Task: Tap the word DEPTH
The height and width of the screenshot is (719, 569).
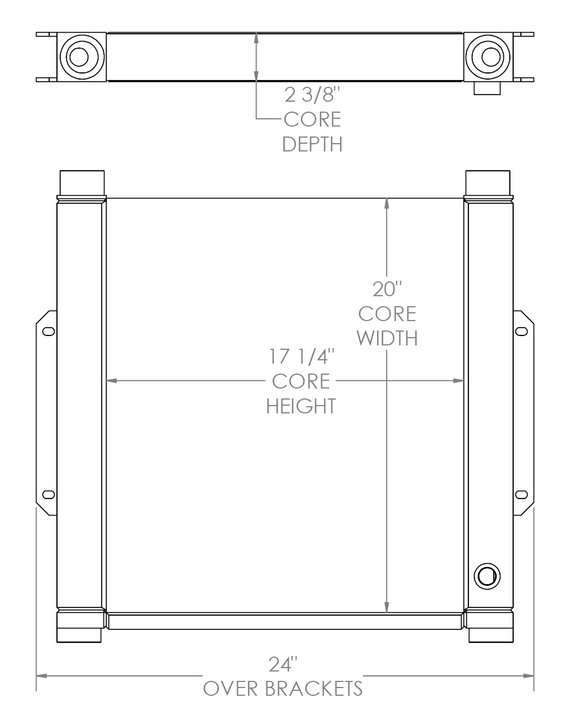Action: tap(312, 144)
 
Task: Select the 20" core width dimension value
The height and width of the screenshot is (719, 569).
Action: tap(387, 289)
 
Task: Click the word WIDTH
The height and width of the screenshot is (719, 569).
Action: tap(387, 338)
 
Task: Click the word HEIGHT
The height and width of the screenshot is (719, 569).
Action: tap(301, 406)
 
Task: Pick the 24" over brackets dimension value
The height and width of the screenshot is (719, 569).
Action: tap(283, 664)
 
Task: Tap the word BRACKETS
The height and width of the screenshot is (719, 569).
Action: tap(314, 689)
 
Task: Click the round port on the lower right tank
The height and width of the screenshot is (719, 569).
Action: tap(487, 576)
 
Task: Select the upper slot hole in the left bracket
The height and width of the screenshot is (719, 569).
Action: tap(49, 332)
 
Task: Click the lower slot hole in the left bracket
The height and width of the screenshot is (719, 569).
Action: tap(49, 494)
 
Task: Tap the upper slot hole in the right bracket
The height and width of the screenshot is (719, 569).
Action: tap(521, 332)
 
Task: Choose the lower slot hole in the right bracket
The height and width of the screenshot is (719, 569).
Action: tap(521, 494)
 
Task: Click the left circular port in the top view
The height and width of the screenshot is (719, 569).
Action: tap(81, 57)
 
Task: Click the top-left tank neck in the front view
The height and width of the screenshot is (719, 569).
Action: tap(81, 183)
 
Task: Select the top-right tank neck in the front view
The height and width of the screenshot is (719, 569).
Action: tap(488, 183)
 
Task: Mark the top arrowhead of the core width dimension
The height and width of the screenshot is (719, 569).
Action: tap(387, 203)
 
